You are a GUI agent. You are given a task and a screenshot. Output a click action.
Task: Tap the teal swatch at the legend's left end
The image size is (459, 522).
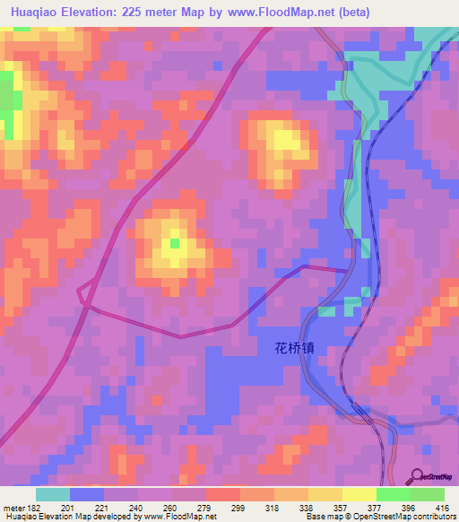[x=53, y=494]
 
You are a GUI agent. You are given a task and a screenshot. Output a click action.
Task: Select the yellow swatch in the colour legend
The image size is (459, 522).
[x=359, y=494]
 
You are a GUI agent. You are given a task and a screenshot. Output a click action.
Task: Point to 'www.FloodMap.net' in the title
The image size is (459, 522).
[x=278, y=13]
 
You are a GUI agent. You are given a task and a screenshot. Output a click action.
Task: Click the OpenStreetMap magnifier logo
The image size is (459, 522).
[x=418, y=475]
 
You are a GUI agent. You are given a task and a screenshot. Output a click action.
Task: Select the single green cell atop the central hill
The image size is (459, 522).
[x=174, y=243]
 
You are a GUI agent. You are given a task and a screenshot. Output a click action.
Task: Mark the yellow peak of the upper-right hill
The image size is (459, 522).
[x=285, y=141]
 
